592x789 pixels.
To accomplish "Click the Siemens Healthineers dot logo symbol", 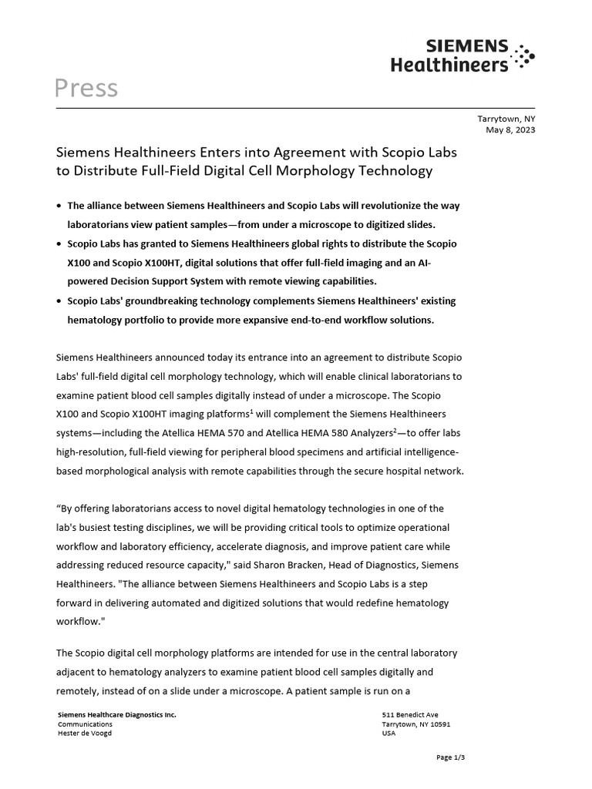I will pos(524,56).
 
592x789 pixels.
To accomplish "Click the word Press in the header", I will pos(86,89).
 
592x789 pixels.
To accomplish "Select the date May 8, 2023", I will pos(510,130).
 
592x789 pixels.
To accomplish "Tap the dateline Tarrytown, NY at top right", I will pos(506,119).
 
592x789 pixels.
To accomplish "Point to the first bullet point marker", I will pos(60,206).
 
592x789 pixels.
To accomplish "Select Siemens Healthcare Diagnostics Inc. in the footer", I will pos(117,715).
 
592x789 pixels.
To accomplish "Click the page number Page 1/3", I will pos(450,758).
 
